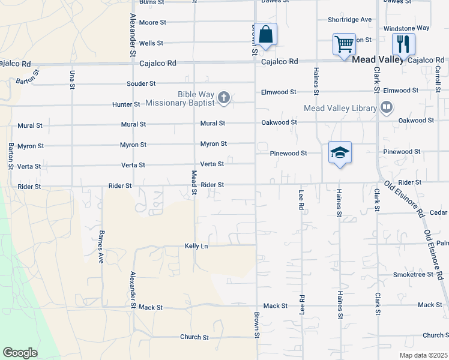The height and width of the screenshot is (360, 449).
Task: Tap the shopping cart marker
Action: tap(344, 44)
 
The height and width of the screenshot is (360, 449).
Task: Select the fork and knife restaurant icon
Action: tap(403, 44)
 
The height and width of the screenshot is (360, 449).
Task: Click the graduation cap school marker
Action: tap(340, 152)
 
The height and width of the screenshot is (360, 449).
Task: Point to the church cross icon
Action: tap(224, 97)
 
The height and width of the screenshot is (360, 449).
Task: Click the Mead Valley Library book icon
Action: tap(387, 108)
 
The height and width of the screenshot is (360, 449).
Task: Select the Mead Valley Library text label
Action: tap(340, 109)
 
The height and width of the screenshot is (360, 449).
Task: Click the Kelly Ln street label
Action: tap(196, 246)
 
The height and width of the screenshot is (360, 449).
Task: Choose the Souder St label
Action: tap(141, 83)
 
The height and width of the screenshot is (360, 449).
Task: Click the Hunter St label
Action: tap(126, 104)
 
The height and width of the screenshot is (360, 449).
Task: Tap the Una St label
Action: tap(72, 79)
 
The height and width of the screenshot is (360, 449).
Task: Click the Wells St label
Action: tap(151, 43)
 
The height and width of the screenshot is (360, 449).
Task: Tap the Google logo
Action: tap(20, 353)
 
